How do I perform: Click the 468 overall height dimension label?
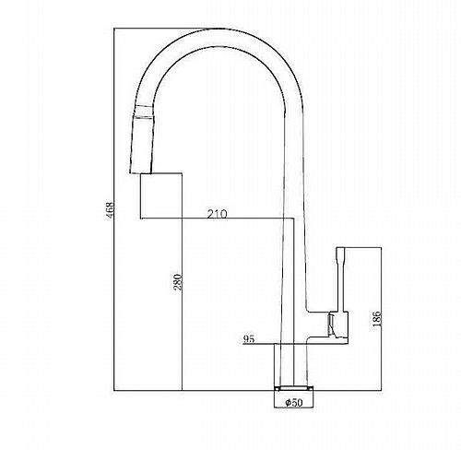pyautogui.click(x=110, y=208)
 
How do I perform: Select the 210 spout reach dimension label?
pyautogui.click(x=218, y=214)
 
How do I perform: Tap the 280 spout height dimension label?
pyautogui.click(x=178, y=282)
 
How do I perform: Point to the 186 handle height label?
pyautogui.click(x=377, y=318)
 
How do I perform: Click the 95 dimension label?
pyautogui.click(x=249, y=339)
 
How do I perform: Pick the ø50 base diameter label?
pyautogui.click(x=294, y=402)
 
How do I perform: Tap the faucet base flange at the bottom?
pyautogui.click(x=294, y=387)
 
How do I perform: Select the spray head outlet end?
pyautogui.click(x=140, y=172)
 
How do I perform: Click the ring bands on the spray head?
pyautogui.click(x=145, y=112)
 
